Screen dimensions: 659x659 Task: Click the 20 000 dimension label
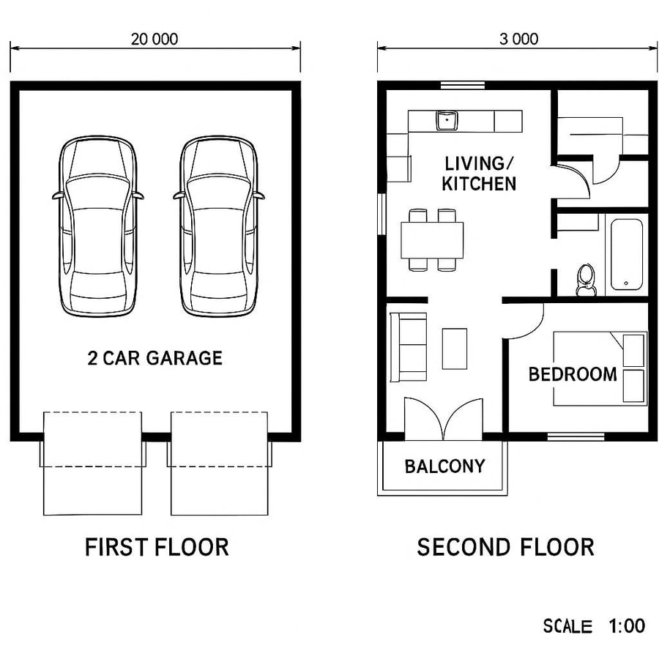point(154,39)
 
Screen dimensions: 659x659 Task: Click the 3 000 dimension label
point(518,39)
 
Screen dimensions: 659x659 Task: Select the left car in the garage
point(97,227)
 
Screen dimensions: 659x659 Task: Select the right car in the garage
point(218,227)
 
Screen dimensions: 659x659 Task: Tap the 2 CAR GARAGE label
point(154,358)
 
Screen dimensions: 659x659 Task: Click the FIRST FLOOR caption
point(157,547)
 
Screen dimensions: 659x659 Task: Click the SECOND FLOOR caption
point(505,547)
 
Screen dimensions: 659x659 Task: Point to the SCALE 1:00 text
point(594,626)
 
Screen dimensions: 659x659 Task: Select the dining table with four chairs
point(432,239)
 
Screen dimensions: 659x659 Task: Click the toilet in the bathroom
point(586,279)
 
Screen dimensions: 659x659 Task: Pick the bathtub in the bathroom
point(627,253)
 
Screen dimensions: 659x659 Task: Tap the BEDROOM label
point(573,374)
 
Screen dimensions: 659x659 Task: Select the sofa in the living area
point(409,347)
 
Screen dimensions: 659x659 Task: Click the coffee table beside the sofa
point(455,349)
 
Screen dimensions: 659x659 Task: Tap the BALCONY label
point(444,466)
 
